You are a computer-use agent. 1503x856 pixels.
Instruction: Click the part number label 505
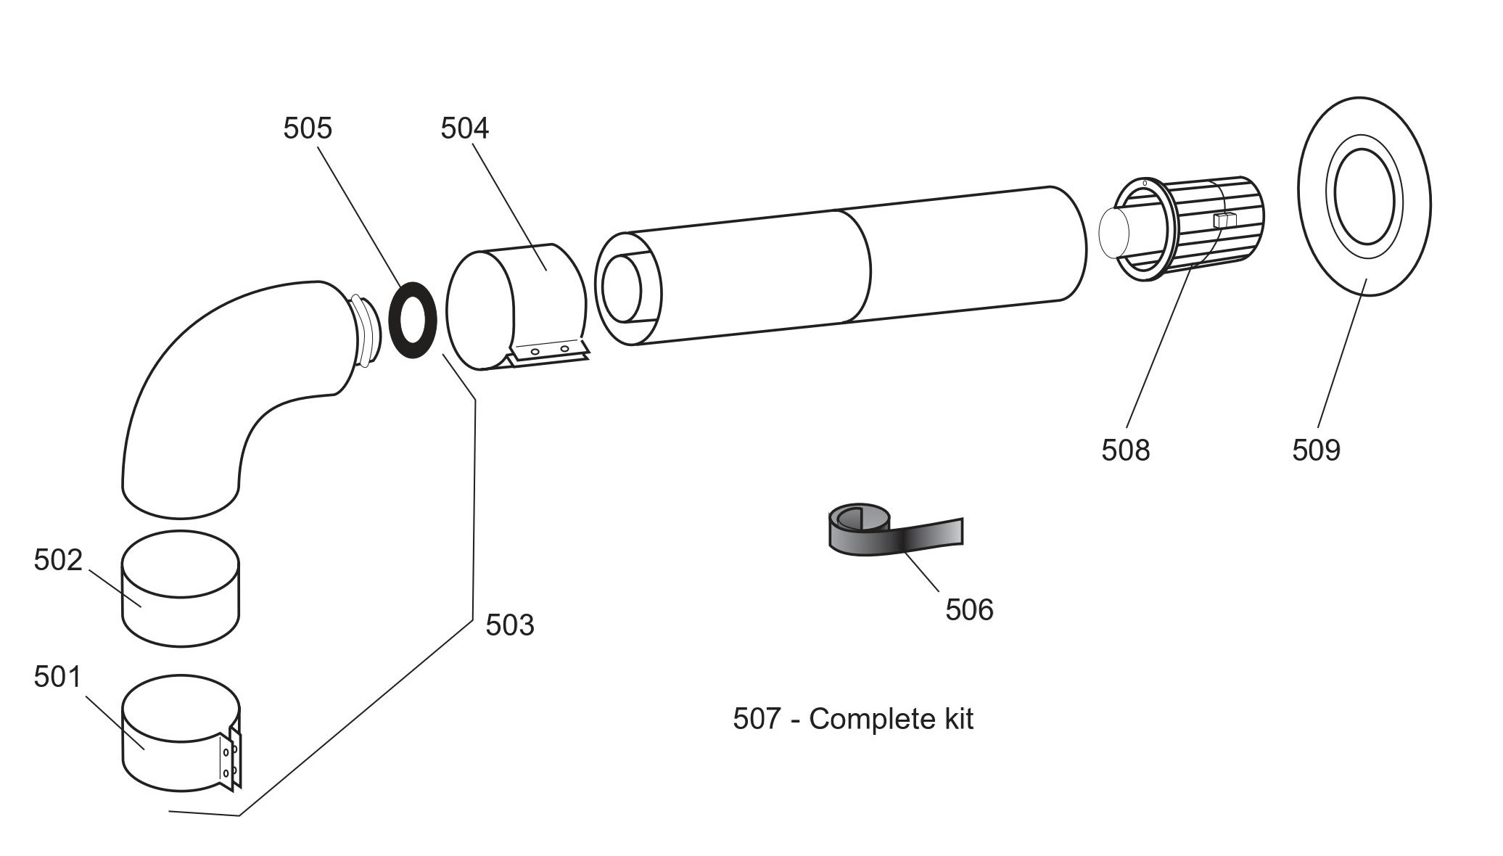(x=307, y=128)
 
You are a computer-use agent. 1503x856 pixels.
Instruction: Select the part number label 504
(x=464, y=128)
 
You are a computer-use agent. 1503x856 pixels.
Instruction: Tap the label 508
(x=1125, y=450)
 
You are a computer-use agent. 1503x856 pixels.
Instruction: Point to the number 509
(x=1316, y=450)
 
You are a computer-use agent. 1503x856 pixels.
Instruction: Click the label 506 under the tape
(x=969, y=609)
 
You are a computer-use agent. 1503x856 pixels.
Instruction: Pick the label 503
(x=509, y=625)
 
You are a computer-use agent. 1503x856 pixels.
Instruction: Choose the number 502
(x=58, y=560)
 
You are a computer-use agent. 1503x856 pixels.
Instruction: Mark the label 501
(x=58, y=677)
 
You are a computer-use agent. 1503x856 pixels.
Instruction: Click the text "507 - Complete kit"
(x=853, y=719)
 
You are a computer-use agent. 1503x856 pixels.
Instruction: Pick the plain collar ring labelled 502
(x=180, y=589)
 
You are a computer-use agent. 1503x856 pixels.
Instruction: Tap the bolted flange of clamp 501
(x=231, y=758)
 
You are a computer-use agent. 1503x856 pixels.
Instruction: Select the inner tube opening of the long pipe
(x=622, y=288)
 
